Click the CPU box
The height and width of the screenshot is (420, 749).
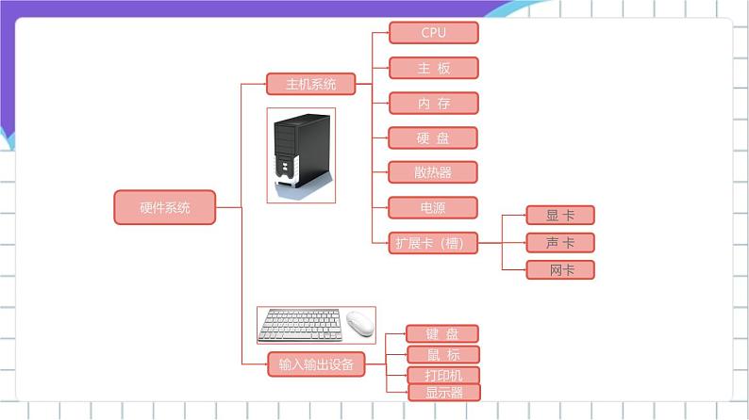pos(433,33)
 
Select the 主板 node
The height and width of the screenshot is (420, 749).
pos(433,68)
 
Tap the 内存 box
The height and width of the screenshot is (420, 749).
pos(433,103)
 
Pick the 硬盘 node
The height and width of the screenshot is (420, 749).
pos(433,137)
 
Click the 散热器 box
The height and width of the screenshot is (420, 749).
pos(433,172)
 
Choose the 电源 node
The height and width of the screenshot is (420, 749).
pos(433,207)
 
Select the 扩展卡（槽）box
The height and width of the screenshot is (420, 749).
pos(433,242)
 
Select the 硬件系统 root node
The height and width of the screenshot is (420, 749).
pos(164,207)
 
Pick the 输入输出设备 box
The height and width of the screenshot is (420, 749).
pos(315,363)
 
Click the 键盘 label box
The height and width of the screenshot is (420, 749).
pos(441,333)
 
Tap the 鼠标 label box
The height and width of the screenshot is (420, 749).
pos(441,355)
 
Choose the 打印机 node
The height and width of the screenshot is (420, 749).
pos(441,376)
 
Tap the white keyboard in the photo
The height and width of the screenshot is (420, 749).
pos(301,325)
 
